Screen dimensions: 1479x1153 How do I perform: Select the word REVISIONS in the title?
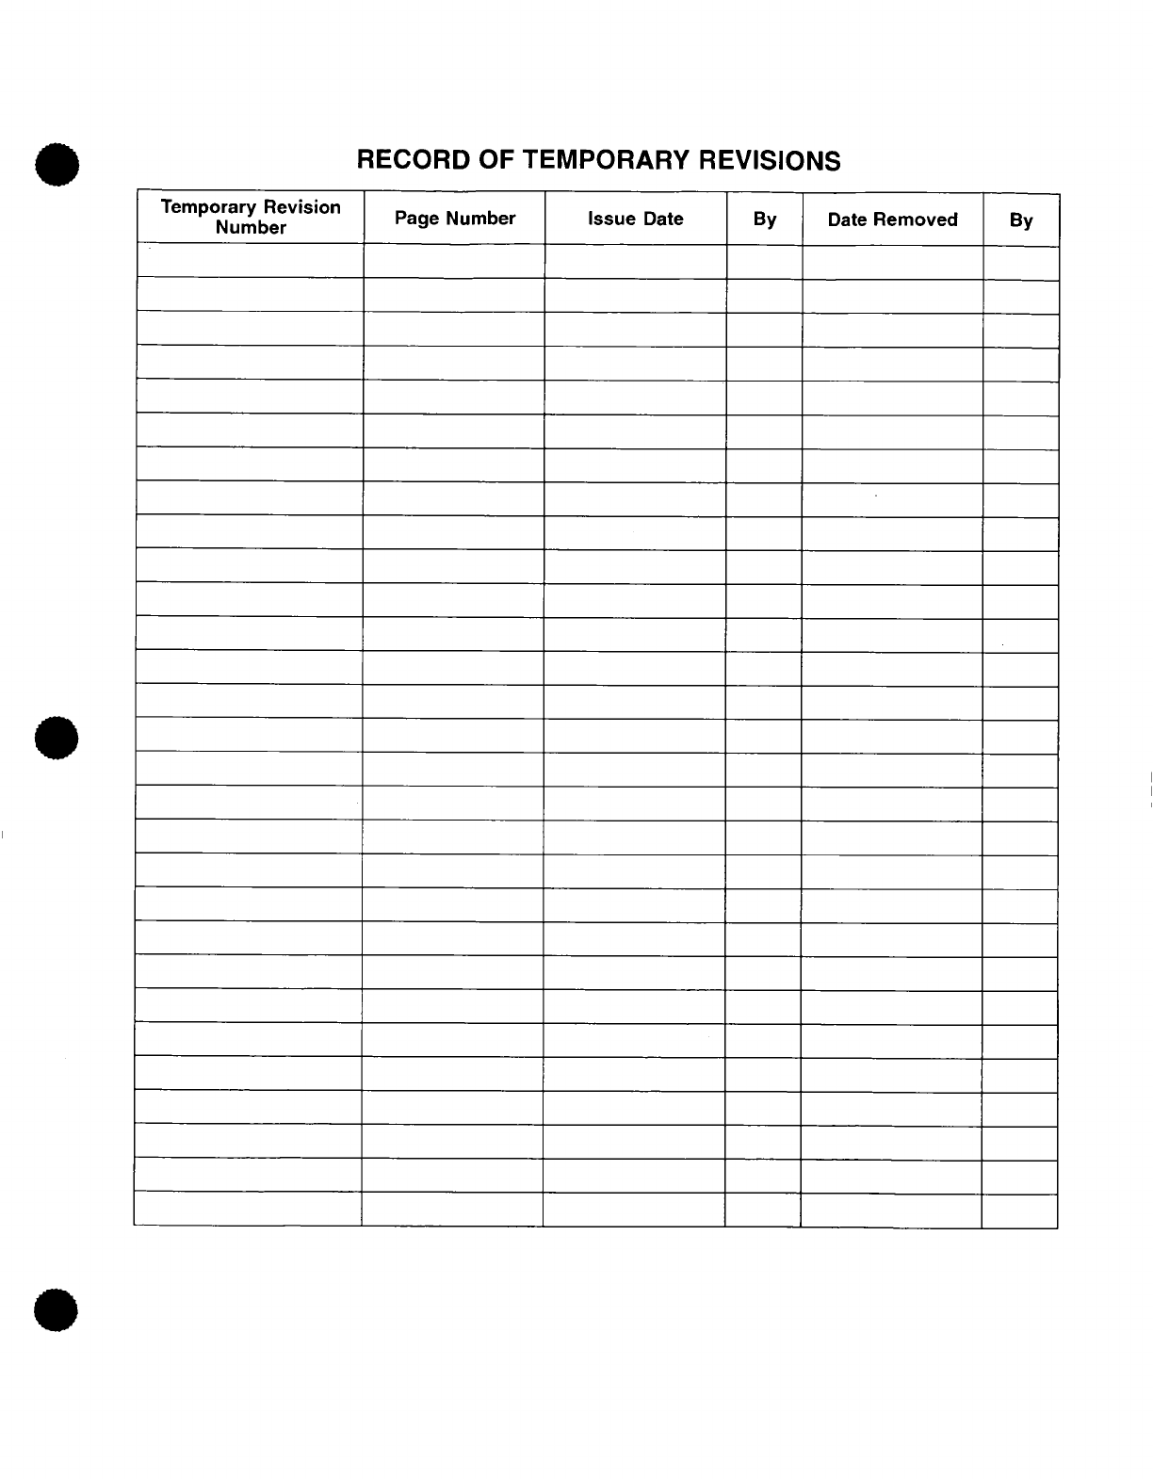point(769,160)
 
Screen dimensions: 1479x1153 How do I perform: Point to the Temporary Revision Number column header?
point(251,217)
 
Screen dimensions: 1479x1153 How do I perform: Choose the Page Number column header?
point(455,219)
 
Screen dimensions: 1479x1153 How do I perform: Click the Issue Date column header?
point(636,219)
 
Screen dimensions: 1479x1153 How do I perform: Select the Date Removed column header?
point(892,219)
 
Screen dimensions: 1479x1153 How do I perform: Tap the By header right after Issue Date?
point(765,219)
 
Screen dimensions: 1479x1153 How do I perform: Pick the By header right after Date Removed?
point(1021,220)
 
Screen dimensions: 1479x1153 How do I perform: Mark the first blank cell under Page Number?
point(454,261)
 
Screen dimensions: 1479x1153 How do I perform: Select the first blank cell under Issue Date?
point(636,262)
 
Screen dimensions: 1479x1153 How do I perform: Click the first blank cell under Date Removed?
point(892,263)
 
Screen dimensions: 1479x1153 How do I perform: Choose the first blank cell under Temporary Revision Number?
point(251,260)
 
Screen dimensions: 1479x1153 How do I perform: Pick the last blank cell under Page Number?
point(452,1209)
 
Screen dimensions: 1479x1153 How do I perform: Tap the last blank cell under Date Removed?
point(890,1211)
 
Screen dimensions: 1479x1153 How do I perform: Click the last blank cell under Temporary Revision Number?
point(248,1208)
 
